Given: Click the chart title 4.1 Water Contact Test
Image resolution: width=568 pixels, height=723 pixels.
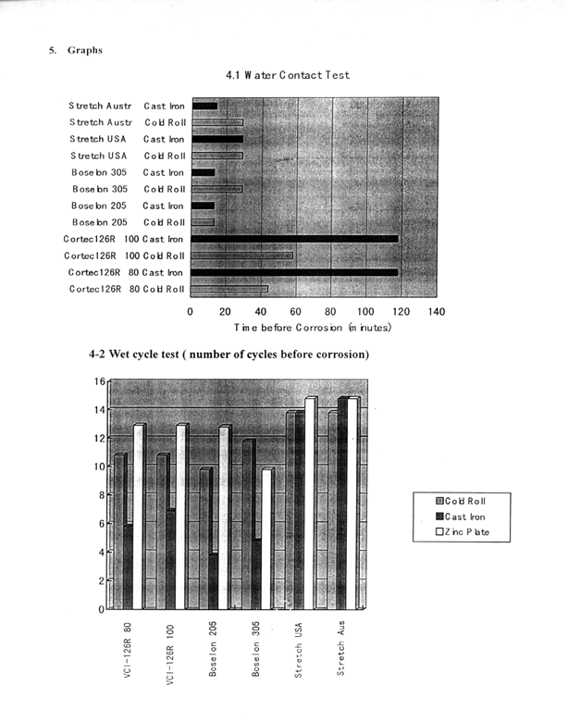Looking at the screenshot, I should pos(287,75).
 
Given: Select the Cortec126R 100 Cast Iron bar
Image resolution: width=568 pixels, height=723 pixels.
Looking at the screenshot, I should pos(294,239).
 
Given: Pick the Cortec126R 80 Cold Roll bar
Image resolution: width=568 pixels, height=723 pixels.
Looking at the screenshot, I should pos(229,290).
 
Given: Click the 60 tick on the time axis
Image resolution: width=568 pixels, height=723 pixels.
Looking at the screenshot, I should pos(295,313).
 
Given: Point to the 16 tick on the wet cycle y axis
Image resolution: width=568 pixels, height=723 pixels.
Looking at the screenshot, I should pos(99,380).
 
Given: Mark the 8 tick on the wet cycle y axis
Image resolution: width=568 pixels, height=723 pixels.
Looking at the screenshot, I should pos(101,495).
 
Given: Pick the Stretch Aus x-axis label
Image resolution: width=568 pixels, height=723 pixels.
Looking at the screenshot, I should pos(340,659).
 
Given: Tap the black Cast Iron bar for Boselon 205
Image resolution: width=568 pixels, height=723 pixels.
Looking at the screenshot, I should pos(215,580).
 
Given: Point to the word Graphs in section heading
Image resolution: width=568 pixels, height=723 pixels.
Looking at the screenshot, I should pos(84,50).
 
